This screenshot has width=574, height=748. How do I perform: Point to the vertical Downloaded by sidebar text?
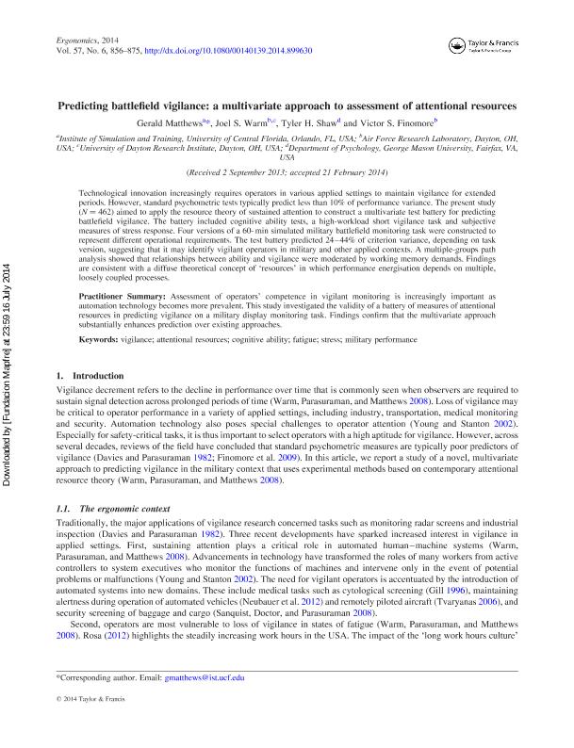pyautogui.click(x=9, y=377)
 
